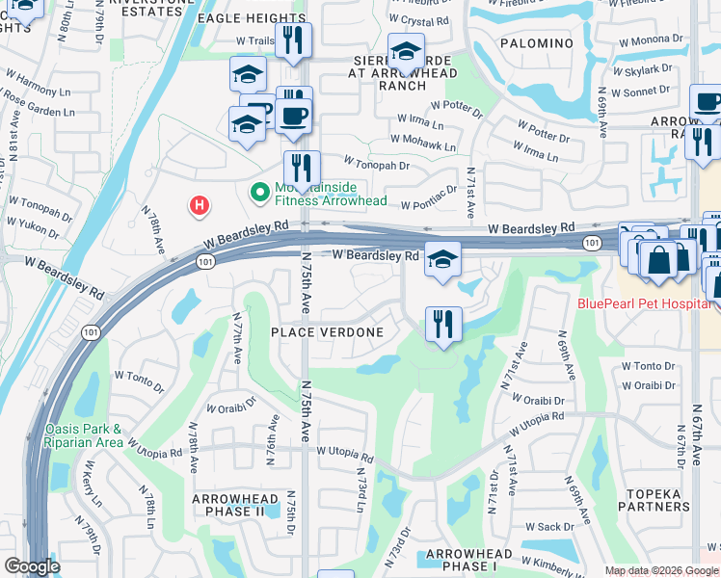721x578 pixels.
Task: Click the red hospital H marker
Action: tap(199, 204)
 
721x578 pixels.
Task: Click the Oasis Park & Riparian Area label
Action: tap(82, 435)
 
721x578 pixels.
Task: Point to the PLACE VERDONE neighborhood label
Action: tap(327, 332)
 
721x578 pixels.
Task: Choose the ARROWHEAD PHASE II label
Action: tap(228, 505)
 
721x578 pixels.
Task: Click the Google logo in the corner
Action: tap(32, 566)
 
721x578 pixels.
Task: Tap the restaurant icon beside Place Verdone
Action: tap(443, 324)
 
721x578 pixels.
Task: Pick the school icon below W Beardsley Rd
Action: tap(442, 258)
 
